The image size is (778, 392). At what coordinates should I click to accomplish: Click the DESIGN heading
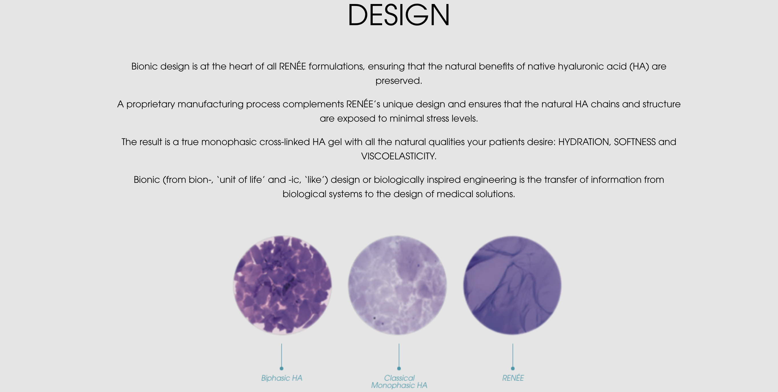coord(399,15)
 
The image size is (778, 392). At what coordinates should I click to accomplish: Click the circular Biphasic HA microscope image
coord(282,285)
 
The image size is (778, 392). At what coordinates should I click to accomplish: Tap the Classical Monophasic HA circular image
coord(398,285)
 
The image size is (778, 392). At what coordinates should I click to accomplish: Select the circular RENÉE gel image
coord(512,285)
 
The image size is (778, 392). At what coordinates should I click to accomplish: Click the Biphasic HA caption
coord(282,378)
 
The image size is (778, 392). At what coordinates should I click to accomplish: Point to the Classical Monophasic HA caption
coord(399,382)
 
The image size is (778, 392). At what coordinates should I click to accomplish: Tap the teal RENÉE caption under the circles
coord(513,378)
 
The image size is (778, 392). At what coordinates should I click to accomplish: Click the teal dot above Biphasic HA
coord(282,369)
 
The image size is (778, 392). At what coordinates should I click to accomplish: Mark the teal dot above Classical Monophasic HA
coord(399,369)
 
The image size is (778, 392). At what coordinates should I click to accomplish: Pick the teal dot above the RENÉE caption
coord(512,369)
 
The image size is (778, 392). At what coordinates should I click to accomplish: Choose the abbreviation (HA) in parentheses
coord(639,66)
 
